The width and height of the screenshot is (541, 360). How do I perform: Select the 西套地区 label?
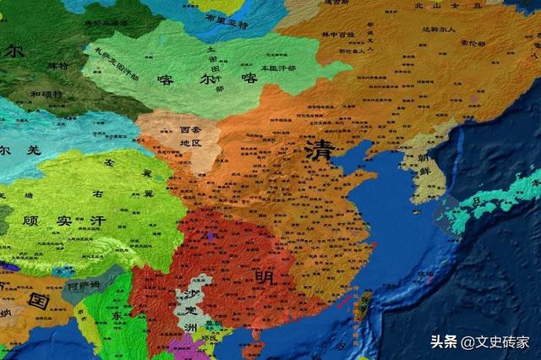[x=191, y=137]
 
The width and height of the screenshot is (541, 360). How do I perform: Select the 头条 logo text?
[x=444, y=341]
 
